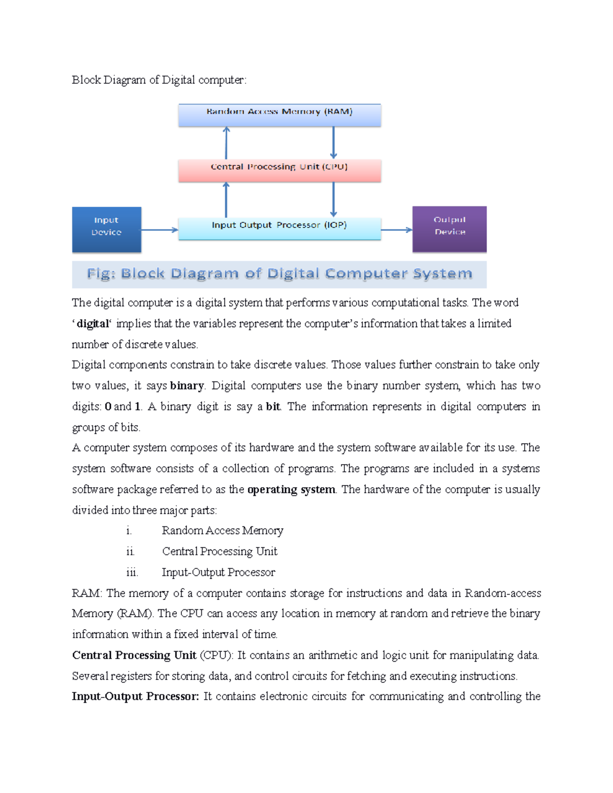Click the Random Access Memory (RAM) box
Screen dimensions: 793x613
279,115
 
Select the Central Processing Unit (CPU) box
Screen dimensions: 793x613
279,171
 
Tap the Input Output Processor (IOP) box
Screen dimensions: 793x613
279,228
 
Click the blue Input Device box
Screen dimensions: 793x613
106,229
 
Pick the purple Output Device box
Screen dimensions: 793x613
450,229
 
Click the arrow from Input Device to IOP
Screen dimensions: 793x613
159,230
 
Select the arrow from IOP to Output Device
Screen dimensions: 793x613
396,230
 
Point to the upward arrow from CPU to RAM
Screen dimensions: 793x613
226,143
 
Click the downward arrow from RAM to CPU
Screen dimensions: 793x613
334,143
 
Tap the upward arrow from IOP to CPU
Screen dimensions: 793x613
226,200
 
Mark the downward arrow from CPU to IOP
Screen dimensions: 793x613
334,200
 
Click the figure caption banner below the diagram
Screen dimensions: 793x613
279,274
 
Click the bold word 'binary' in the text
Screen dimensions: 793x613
186,386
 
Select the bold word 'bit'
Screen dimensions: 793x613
273,406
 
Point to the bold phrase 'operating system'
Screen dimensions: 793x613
291,490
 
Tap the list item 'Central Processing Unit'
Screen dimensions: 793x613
220,551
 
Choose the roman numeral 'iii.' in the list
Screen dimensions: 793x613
132,572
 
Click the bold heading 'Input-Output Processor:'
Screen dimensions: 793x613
135,696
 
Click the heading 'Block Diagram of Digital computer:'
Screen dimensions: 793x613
159,80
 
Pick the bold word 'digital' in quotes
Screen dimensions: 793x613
92,324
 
